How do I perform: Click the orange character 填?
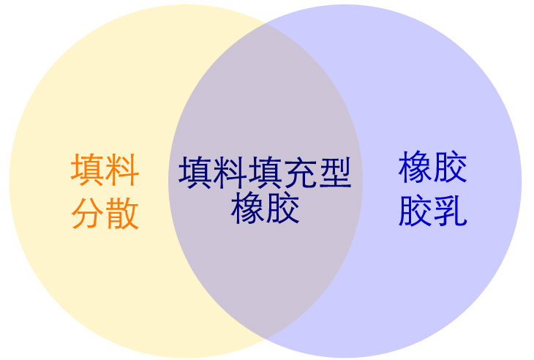point(87,169)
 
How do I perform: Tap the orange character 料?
point(122,169)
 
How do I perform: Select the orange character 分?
point(88,214)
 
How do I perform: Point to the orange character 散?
point(122,214)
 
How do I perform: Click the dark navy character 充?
point(300,173)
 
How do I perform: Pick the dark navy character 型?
point(334,173)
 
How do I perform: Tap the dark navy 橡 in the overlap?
point(247,208)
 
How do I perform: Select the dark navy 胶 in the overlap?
point(282,208)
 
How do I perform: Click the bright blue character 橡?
point(415,167)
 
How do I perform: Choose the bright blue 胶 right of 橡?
point(450,167)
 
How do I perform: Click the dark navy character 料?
point(230,173)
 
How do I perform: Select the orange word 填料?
point(105,169)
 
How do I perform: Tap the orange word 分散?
point(105,214)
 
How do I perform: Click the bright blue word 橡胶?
point(433,167)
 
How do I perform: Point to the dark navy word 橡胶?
point(266,208)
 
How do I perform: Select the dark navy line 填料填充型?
point(265,173)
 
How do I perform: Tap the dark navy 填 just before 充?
point(265,173)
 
